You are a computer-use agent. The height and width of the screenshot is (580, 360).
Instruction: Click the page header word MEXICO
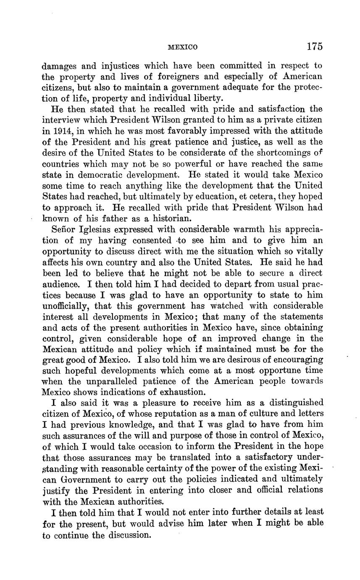[x=182, y=47]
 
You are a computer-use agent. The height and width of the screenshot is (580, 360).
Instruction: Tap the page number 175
[x=314, y=46]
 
